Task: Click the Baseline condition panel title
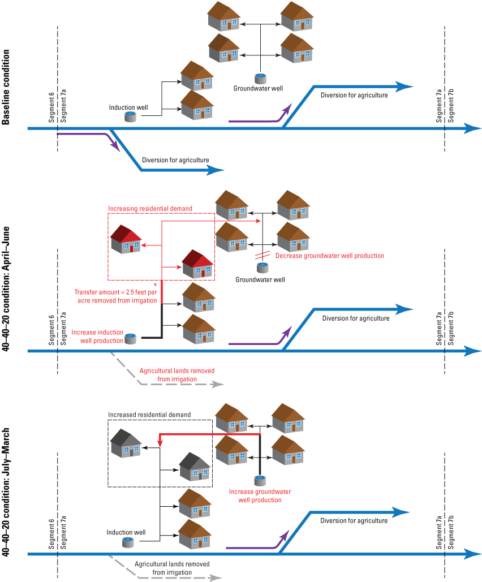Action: tap(6, 87)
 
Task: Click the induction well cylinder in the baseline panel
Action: tap(130, 117)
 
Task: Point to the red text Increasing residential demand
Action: tap(150, 209)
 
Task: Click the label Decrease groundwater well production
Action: tap(321, 256)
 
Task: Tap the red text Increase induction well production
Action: tap(97, 337)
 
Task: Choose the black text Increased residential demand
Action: tap(149, 414)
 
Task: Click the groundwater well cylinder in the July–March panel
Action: tap(260, 481)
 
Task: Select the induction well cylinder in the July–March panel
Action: tap(128, 542)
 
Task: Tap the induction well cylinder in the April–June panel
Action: tap(131, 338)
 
